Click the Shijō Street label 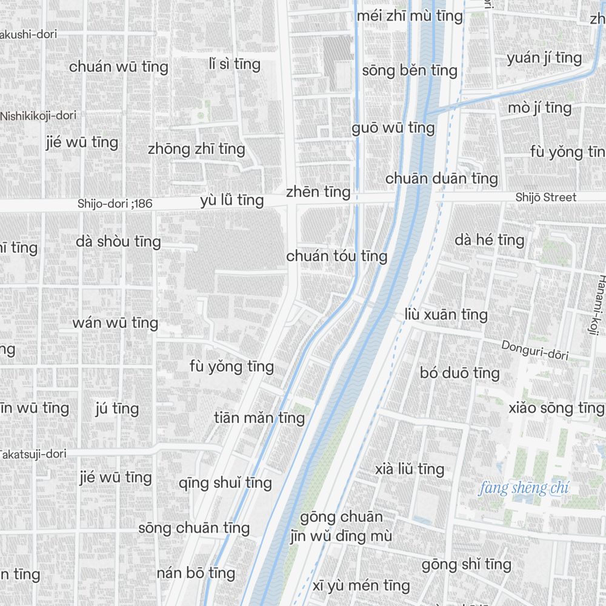(x=546, y=197)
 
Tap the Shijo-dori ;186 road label (x=115, y=204)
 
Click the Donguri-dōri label (x=534, y=350)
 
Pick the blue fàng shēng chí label (x=524, y=488)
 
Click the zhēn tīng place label (x=318, y=192)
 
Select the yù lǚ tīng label (x=232, y=201)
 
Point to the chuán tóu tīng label (x=336, y=256)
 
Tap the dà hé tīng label (x=490, y=240)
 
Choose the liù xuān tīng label (x=446, y=315)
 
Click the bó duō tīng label (x=460, y=373)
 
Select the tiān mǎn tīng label (x=259, y=418)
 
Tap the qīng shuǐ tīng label (x=225, y=483)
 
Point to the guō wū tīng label (x=393, y=128)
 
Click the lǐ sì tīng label (x=234, y=64)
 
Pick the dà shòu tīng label (x=119, y=242)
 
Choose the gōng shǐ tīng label (x=467, y=565)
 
